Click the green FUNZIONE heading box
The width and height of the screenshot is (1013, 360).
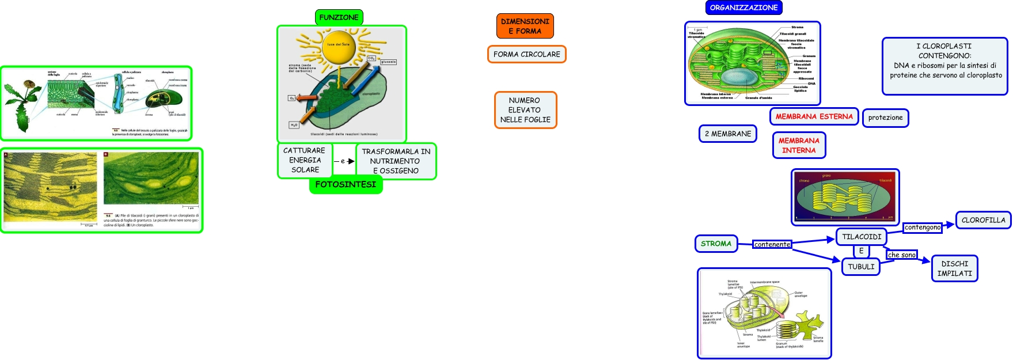click(339, 17)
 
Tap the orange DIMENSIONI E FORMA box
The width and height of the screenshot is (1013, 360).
click(525, 26)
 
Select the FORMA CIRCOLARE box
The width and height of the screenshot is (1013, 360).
click(526, 54)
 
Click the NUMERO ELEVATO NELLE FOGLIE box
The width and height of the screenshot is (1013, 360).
click(525, 110)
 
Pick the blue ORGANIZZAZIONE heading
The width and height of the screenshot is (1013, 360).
click(743, 7)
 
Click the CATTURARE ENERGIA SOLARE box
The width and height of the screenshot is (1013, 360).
click(305, 160)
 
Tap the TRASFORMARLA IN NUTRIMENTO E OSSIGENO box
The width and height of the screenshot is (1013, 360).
click(396, 161)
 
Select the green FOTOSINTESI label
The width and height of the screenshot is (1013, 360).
click(346, 184)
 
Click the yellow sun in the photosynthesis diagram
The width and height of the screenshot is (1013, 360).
click(339, 47)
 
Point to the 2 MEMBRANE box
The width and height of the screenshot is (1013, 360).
click(728, 134)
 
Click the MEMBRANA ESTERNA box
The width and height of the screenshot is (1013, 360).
click(814, 116)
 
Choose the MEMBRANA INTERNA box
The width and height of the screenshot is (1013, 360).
click(799, 145)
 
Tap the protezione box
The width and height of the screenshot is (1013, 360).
click(885, 118)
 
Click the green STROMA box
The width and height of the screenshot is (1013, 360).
click(716, 244)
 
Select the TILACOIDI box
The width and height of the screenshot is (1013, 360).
click(862, 237)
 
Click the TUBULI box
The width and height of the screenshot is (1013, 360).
click(861, 267)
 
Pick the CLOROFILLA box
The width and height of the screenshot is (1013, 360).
click(983, 220)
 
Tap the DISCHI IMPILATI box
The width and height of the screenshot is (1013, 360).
click(954, 268)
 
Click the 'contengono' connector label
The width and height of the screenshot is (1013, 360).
click(922, 228)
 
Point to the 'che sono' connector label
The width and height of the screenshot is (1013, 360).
click(901, 255)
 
